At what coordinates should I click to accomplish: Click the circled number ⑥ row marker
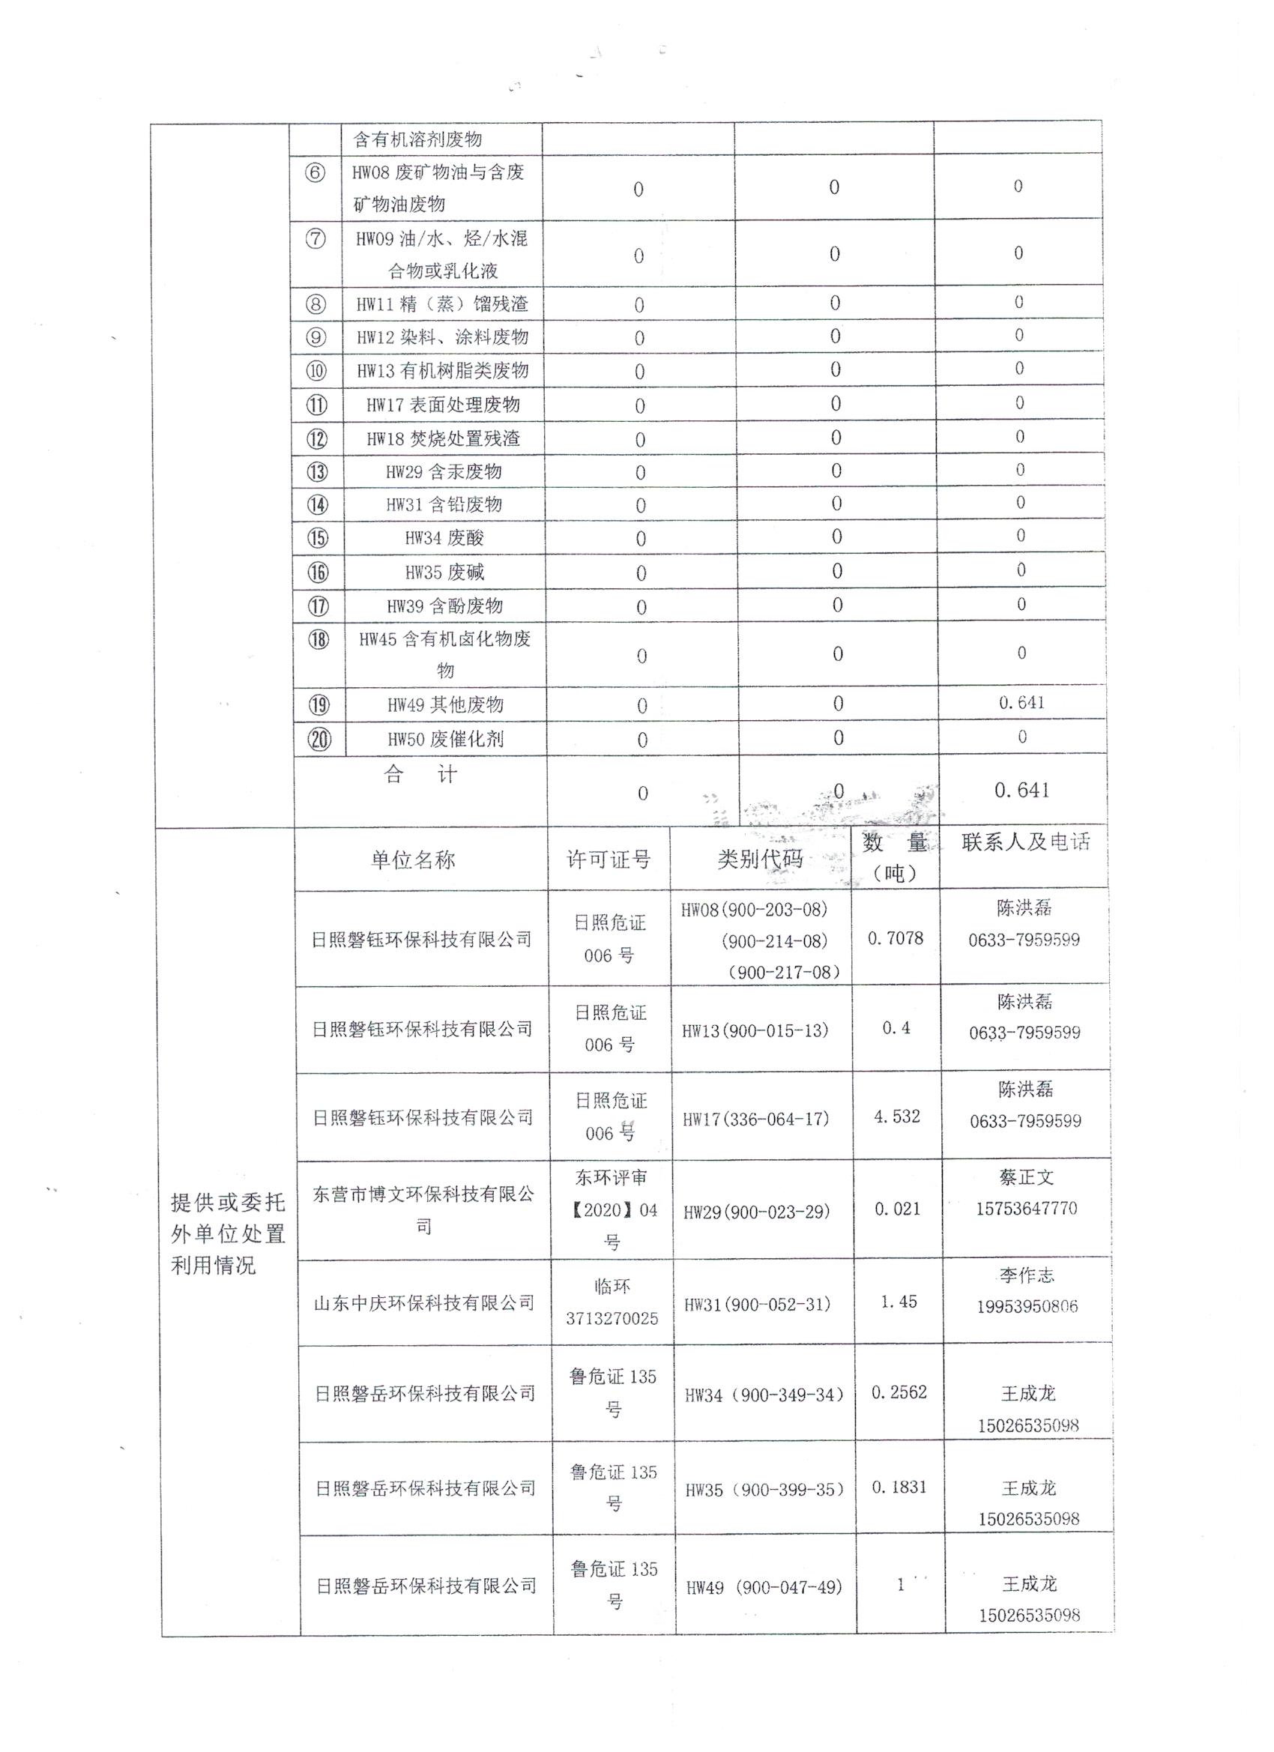(x=316, y=172)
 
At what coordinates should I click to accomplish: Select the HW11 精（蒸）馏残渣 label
(x=442, y=304)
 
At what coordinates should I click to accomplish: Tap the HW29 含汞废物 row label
(x=444, y=472)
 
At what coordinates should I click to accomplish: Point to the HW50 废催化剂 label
(x=445, y=740)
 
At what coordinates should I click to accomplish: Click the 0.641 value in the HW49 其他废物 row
(x=1021, y=703)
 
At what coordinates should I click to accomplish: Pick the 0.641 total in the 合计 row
(x=1021, y=791)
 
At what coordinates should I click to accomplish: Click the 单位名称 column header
(x=413, y=860)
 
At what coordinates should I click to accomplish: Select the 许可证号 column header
(x=608, y=860)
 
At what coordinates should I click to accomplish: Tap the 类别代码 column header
(x=760, y=859)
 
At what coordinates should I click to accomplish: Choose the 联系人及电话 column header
(x=1025, y=843)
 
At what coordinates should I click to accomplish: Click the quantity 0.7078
(x=895, y=938)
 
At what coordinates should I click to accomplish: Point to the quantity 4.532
(x=896, y=1117)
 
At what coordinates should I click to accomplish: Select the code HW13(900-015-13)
(x=754, y=1030)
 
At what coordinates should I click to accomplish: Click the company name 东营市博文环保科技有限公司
(x=423, y=1210)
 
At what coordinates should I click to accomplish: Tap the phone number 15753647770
(x=1026, y=1209)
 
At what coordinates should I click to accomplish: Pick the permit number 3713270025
(x=612, y=1319)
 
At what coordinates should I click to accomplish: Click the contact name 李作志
(x=1026, y=1275)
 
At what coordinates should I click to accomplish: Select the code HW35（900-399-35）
(x=764, y=1490)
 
